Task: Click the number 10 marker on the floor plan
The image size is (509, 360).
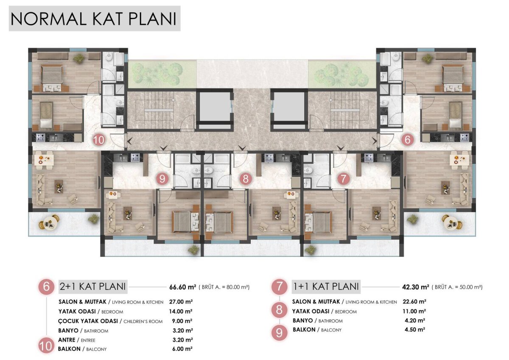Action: [x=99, y=140]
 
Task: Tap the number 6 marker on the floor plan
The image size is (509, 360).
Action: [x=408, y=139]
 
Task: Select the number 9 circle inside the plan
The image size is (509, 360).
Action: [x=162, y=179]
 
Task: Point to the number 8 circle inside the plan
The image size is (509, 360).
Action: [x=246, y=179]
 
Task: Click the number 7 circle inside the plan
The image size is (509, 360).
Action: [x=343, y=179]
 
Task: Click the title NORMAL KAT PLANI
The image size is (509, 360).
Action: [x=94, y=19]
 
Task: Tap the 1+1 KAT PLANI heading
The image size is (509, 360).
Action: [x=326, y=286]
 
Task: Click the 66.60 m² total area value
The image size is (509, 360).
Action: [x=183, y=287]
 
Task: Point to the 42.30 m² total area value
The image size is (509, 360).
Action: [x=416, y=287]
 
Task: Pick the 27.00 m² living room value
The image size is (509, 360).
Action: [x=181, y=302]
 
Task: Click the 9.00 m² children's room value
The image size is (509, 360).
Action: [x=182, y=321]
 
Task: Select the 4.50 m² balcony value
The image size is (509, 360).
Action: [x=415, y=329]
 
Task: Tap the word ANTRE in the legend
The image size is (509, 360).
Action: [x=67, y=340]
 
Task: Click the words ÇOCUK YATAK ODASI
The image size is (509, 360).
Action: [x=88, y=321]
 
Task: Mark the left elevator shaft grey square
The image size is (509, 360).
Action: [x=215, y=107]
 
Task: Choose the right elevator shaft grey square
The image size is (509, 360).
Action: [x=289, y=107]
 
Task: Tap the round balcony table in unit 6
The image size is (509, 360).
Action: [x=452, y=222]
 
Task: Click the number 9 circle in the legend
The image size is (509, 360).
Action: [x=279, y=333]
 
